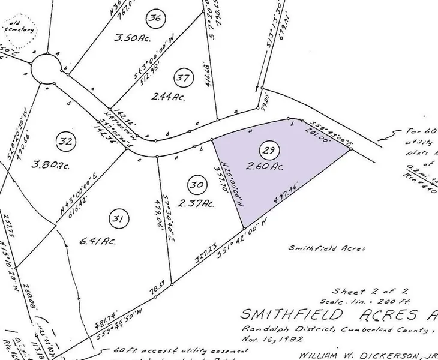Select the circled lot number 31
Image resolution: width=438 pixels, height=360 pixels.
118,220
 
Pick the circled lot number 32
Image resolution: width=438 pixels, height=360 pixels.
65,142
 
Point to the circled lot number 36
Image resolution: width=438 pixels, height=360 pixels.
156,18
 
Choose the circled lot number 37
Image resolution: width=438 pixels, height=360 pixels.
183,77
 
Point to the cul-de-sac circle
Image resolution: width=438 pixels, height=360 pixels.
46,71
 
